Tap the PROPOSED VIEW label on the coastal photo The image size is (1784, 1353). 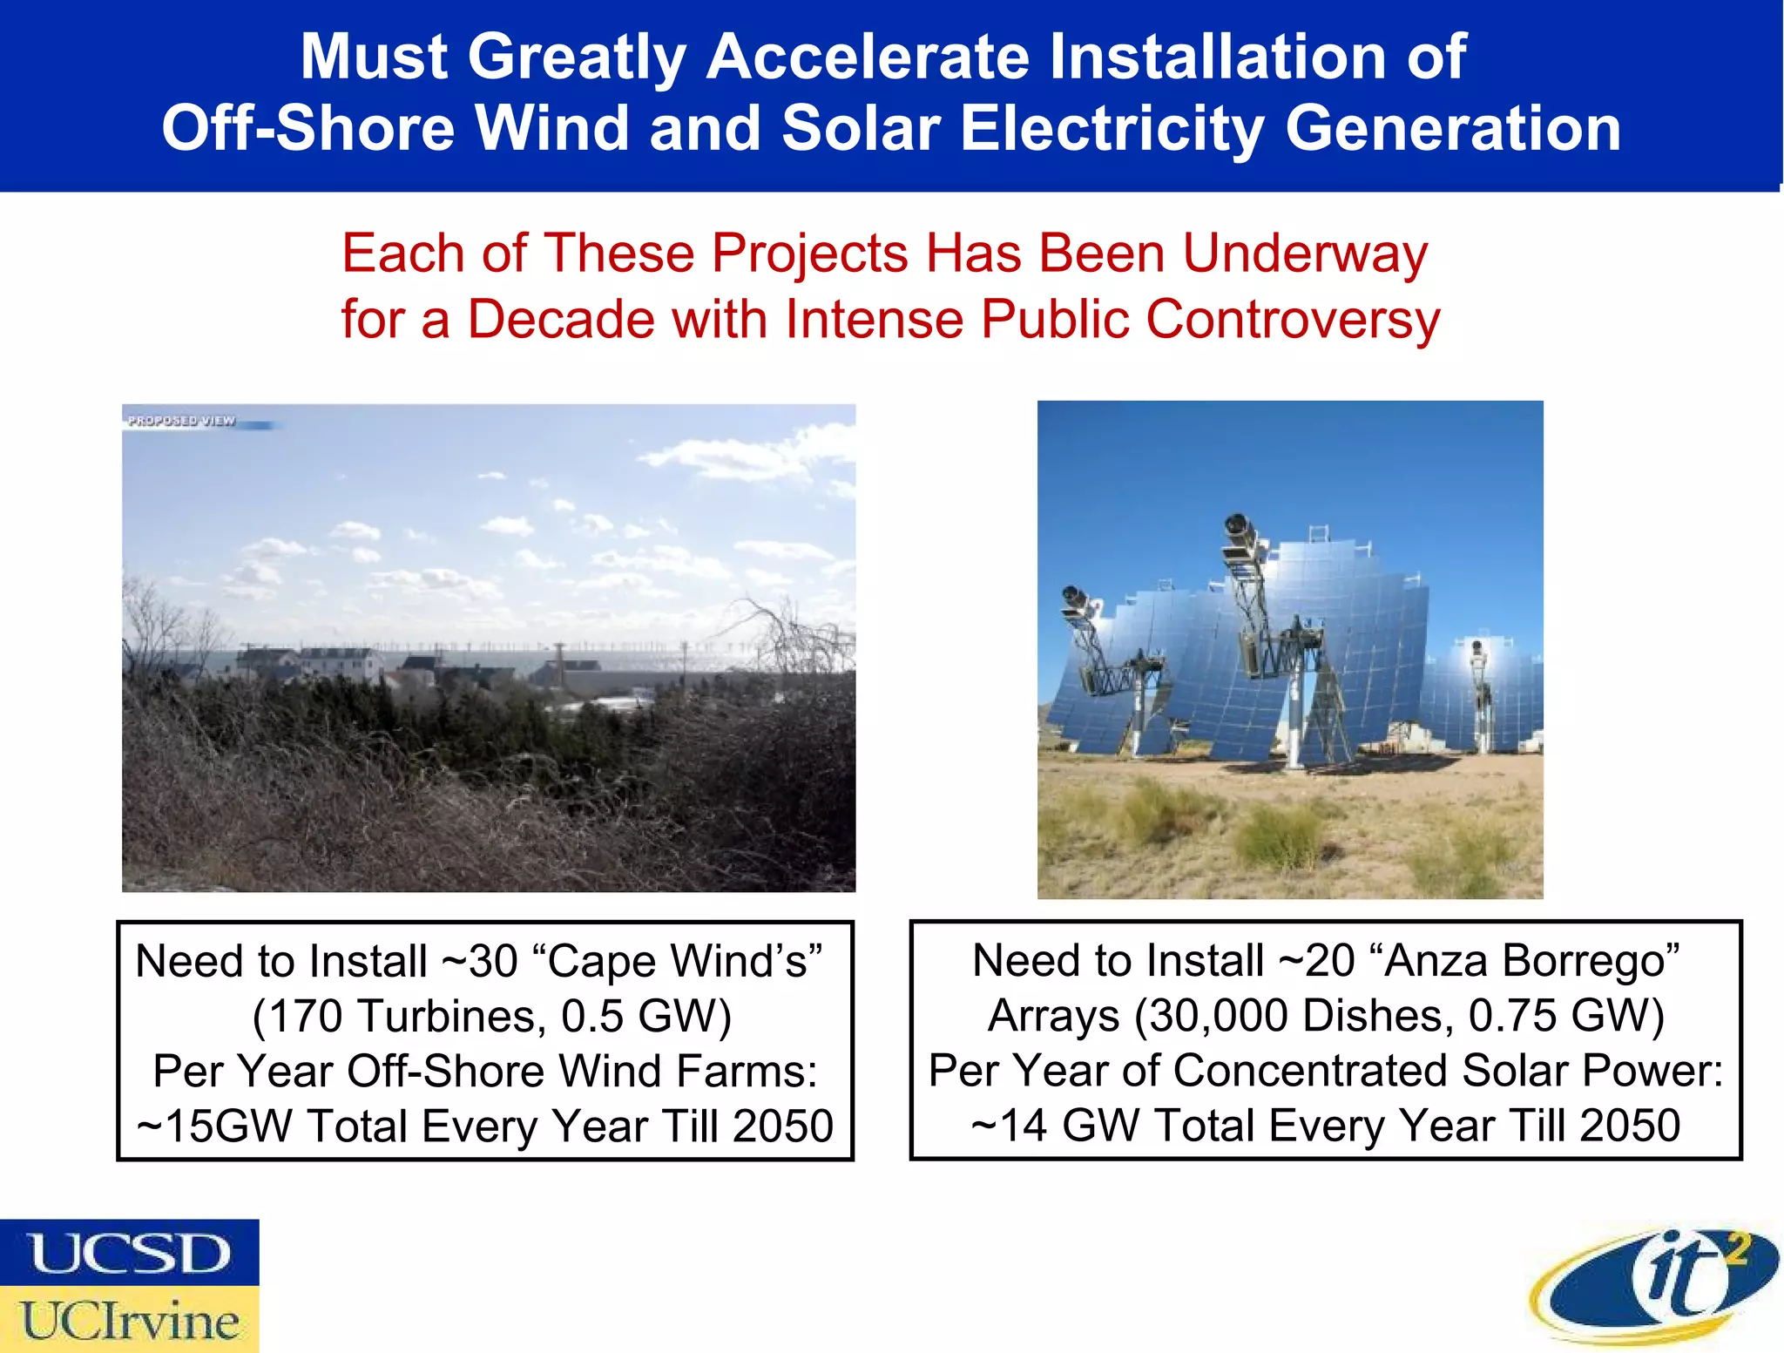point(182,421)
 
